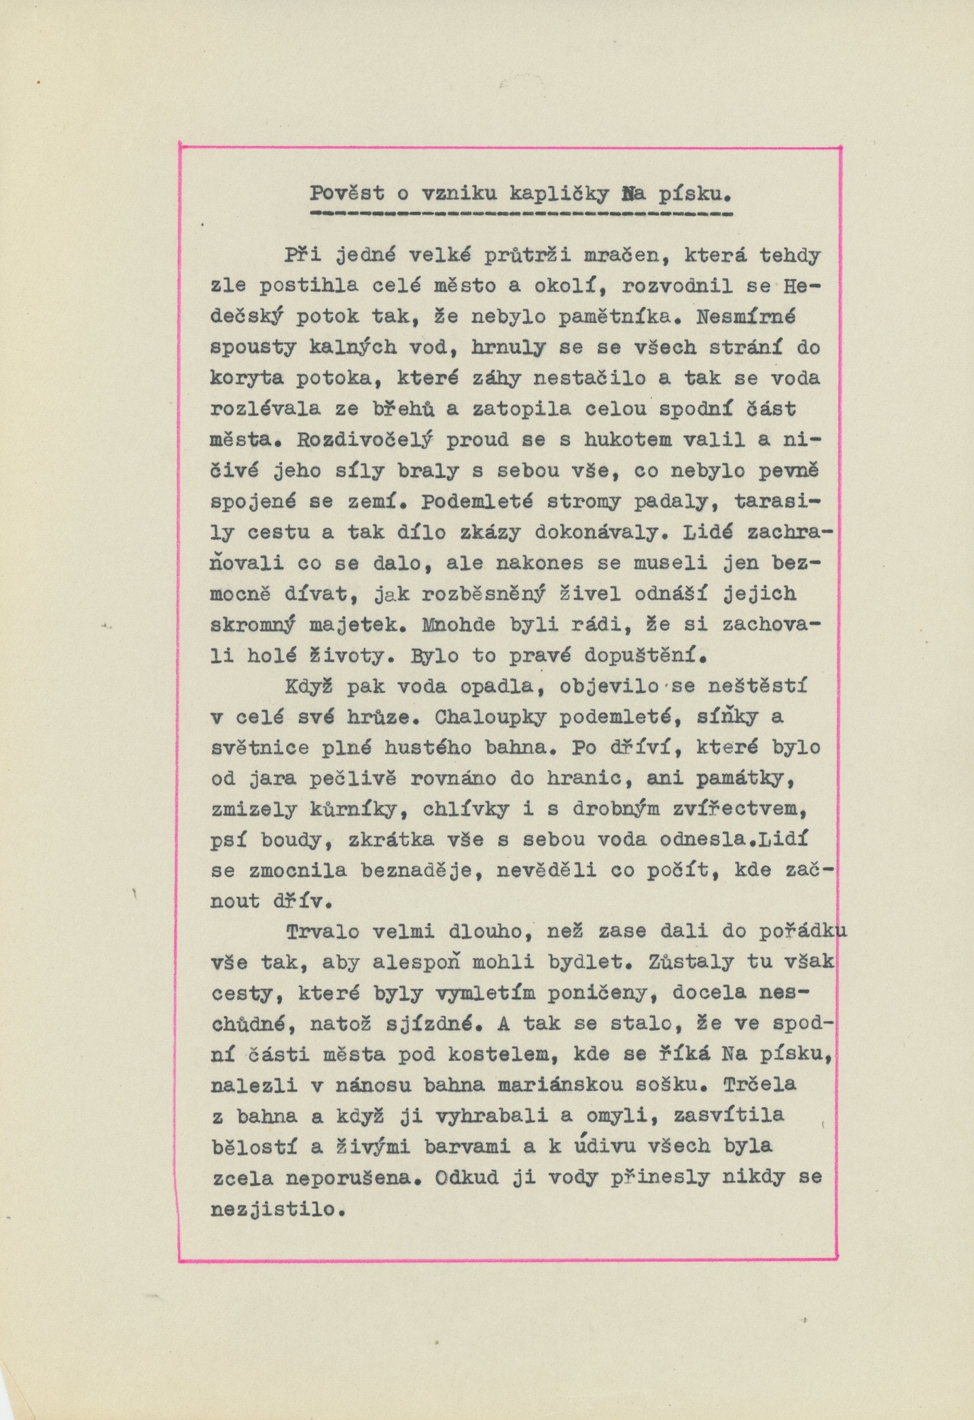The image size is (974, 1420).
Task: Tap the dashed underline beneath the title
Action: coord(520,214)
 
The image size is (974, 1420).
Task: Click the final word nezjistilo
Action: coord(272,1209)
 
